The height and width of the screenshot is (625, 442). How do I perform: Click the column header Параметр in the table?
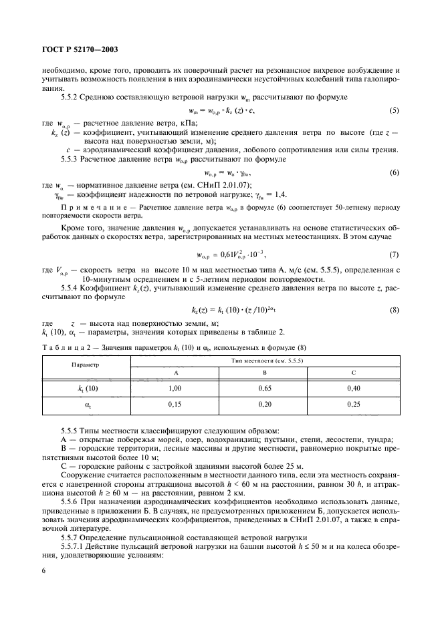pos(86,365)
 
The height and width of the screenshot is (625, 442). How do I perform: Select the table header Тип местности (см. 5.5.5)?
pos(265,360)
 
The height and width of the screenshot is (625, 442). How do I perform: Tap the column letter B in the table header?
pos(265,371)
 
